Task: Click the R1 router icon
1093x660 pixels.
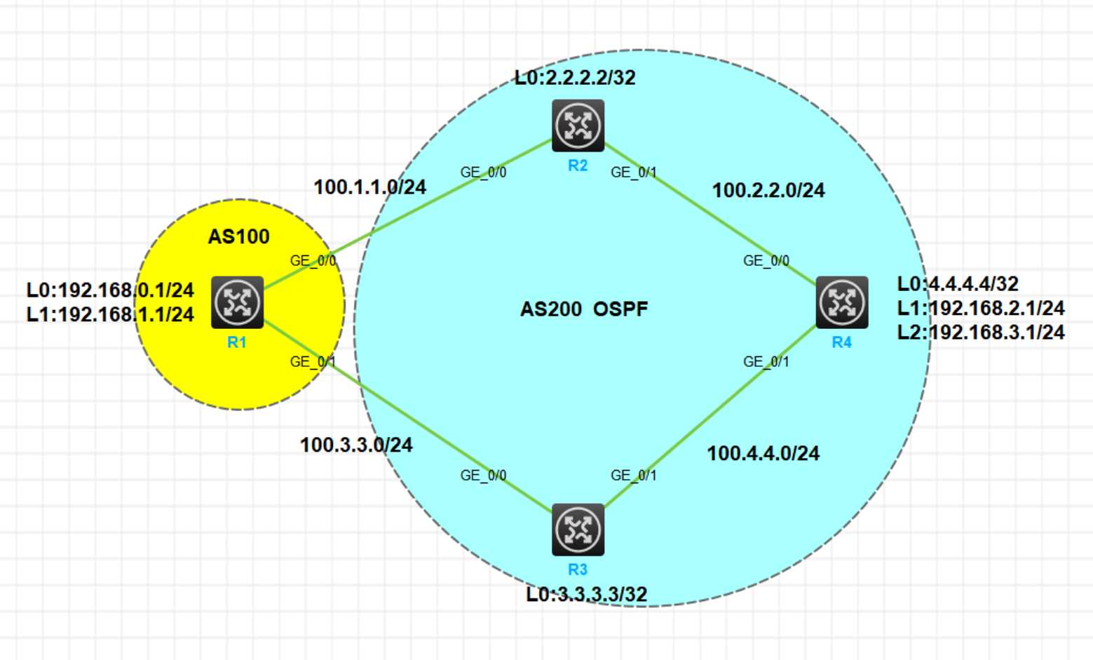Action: click(x=237, y=302)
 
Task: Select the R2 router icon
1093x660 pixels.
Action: click(x=578, y=126)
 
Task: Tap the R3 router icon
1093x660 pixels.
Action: click(x=578, y=530)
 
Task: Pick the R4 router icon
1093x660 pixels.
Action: click(x=841, y=302)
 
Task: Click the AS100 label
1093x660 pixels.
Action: click(x=238, y=236)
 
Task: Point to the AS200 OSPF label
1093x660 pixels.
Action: click(x=584, y=309)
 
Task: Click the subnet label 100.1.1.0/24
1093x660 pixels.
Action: click(x=369, y=187)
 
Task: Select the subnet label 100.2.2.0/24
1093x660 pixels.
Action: click(x=768, y=190)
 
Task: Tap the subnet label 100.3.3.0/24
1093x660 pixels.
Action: click(x=356, y=445)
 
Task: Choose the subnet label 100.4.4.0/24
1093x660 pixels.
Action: click(x=763, y=453)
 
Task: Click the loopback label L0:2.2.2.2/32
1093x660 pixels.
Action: click(x=575, y=77)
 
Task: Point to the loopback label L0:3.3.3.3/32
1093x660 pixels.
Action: click(x=587, y=594)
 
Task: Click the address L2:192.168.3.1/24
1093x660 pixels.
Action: click(x=981, y=332)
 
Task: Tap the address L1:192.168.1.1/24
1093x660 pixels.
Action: click(x=110, y=314)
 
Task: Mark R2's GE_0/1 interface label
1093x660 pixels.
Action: click(x=634, y=173)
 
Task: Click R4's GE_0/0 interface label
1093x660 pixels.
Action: click(x=766, y=261)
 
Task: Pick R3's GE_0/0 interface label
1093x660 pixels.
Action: click(x=483, y=476)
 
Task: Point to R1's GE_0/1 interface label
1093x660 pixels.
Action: click(x=313, y=362)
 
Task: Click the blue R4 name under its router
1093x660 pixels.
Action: click(x=841, y=342)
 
